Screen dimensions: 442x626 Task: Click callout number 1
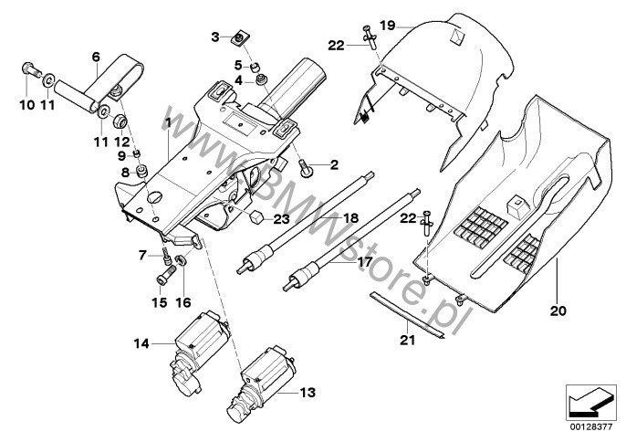[x=167, y=121]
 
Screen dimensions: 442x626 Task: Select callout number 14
[x=141, y=343]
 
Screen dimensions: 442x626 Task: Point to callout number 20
[x=558, y=310]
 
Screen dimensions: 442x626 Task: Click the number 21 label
[x=407, y=341]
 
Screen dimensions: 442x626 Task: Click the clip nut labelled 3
[x=239, y=37]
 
